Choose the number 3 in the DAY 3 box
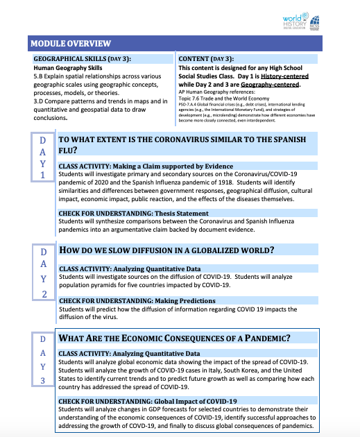point(43,379)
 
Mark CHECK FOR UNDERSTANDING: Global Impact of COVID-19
point(148,401)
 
